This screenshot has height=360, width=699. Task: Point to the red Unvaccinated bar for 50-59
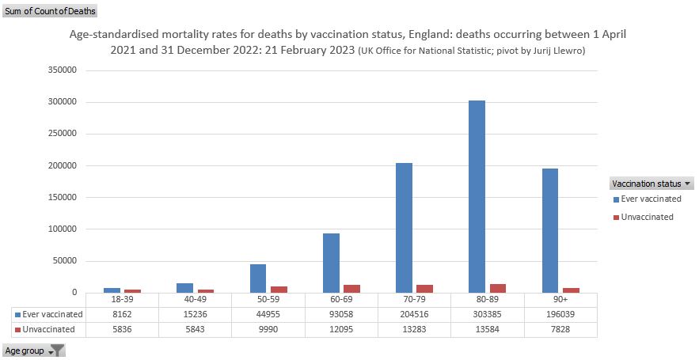click(x=278, y=289)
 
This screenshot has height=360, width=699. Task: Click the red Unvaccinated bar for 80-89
click(x=498, y=288)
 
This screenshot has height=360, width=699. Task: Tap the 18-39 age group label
click(x=122, y=301)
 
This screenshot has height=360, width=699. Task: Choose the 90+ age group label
click(x=560, y=301)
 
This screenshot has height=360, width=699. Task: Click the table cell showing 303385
click(x=488, y=315)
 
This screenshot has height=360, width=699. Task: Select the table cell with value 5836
click(x=122, y=329)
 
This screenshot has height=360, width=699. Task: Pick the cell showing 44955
click(x=268, y=315)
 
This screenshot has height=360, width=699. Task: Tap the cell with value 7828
click(x=560, y=329)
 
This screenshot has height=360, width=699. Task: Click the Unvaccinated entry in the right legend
click(x=647, y=217)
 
